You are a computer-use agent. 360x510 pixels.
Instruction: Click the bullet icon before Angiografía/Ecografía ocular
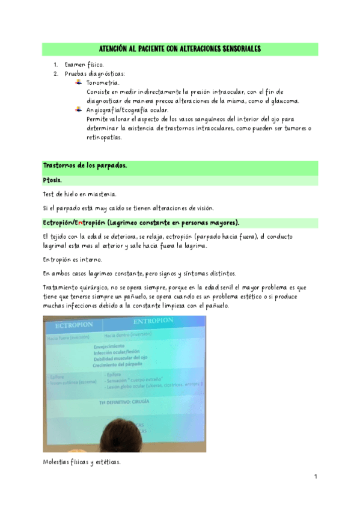78,109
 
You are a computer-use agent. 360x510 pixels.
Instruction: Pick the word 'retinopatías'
104,137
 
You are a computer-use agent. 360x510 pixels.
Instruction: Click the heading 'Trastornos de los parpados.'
85,166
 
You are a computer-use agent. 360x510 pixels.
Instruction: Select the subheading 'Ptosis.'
53,180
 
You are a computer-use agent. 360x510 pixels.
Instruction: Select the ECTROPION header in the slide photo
73,325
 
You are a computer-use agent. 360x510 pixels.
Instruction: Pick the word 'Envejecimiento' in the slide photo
109,347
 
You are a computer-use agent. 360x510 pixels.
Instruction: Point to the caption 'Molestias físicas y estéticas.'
82,462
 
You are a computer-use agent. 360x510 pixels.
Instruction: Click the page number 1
315,476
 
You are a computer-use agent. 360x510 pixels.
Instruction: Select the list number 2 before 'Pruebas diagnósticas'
55,73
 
